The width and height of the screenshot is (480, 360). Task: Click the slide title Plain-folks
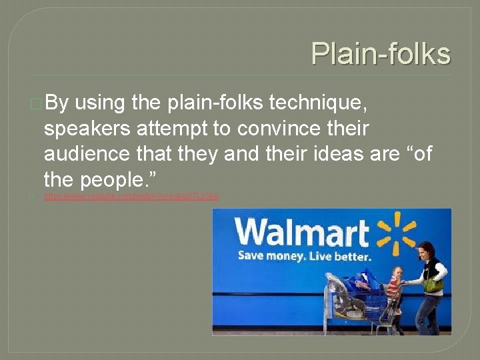tap(381, 53)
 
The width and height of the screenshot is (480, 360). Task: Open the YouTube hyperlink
tap(131, 197)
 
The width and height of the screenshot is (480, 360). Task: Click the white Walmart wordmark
tap(302, 233)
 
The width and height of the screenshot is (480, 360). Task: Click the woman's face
tap(423, 252)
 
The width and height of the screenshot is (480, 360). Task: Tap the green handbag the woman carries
tap(434, 284)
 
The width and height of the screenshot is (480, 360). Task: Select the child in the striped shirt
tap(395, 283)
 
